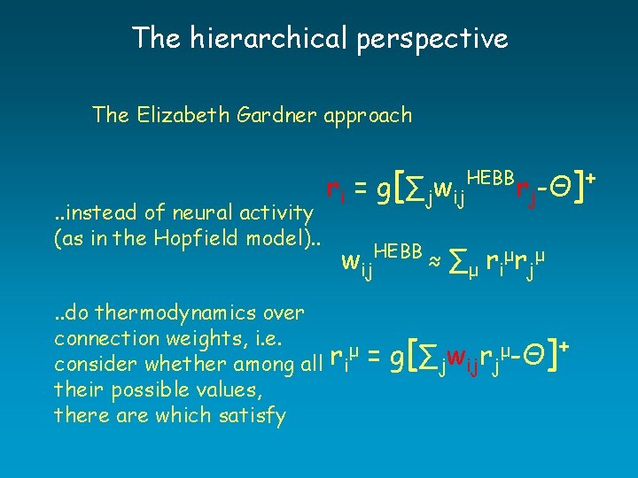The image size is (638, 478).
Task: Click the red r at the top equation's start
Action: tap(332, 190)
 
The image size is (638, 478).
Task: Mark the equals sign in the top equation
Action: tap(362, 190)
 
